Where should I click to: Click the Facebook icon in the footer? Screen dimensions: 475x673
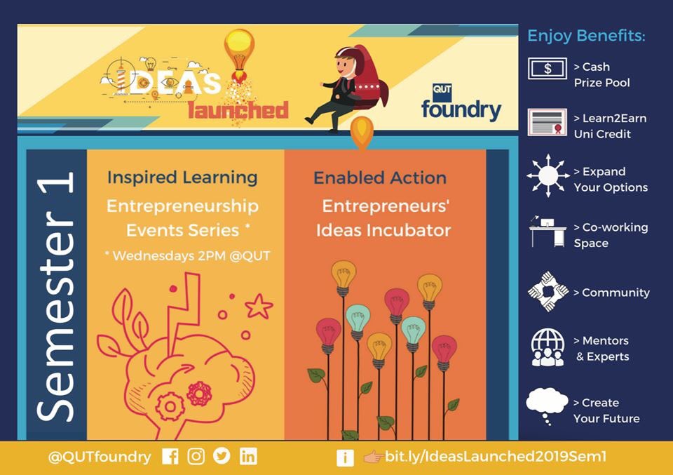pos(170,457)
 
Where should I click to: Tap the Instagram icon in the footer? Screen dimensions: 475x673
pos(196,457)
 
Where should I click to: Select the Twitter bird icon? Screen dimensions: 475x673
pos(222,457)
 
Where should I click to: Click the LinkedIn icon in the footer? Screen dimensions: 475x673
pos(248,457)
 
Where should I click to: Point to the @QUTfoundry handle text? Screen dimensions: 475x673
pos(100,457)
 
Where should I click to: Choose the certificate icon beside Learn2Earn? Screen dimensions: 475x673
pos(548,123)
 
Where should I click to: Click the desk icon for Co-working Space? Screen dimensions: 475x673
pos(548,233)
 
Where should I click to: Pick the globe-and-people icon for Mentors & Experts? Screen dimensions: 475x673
pos(548,348)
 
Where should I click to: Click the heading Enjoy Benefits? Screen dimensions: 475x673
pos(586,35)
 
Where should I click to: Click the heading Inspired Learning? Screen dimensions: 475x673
pos(182,178)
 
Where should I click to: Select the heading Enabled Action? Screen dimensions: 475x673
pos(380,178)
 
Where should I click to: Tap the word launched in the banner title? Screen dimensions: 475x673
pos(238,110)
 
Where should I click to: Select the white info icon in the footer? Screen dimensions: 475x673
pos(345,457)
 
